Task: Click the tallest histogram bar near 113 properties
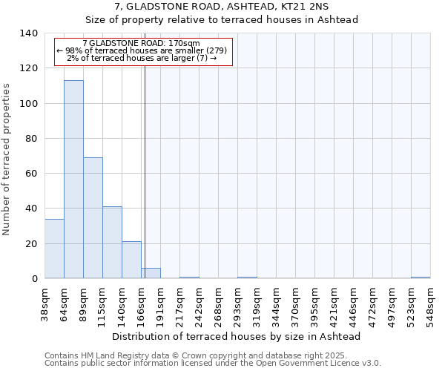point(73,180)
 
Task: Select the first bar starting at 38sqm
point(54,249)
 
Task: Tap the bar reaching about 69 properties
point(93,218)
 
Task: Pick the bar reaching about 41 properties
point(112,243)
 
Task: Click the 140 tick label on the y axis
point(29,33)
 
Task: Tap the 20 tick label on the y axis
point(32,244)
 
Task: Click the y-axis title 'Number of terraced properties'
point(7,160)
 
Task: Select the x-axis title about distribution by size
point(237,336)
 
